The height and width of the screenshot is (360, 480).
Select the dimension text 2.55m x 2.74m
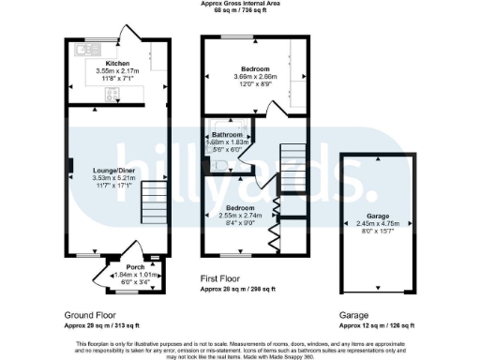point(236,214)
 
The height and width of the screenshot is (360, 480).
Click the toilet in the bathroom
point(217,165)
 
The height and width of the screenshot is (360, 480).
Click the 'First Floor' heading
point(225,278)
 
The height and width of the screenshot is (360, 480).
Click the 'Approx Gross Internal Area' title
point(239,4)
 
